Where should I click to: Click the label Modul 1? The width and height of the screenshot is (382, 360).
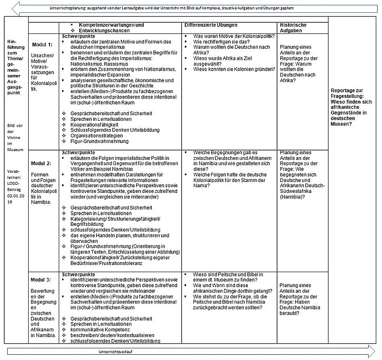[42, 44]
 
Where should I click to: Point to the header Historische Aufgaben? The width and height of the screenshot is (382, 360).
[293, 28]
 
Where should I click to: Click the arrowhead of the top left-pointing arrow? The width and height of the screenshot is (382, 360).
[17, 8]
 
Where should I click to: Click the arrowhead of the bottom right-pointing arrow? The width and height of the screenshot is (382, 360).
[370, 352]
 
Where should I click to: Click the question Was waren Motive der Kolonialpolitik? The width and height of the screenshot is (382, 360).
[233, 36]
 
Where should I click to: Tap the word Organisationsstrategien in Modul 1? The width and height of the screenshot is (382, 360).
[97, 136]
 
